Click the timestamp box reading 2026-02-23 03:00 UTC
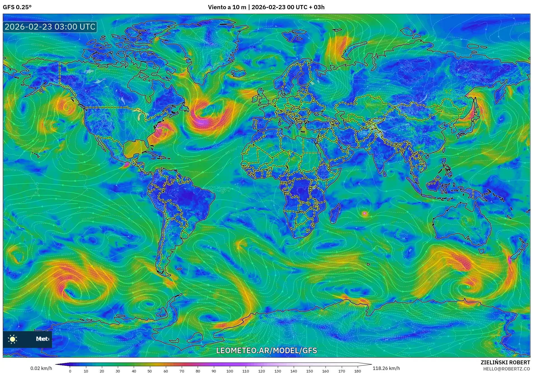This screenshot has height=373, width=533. (x=50, y=27)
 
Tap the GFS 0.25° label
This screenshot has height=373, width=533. (x=17, y=7)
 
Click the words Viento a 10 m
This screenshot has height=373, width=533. (x=227, y=7)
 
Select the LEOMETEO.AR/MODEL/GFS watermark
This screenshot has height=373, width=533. (x=266, y=350)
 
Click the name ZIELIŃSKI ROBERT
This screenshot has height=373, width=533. (x=505, y=362)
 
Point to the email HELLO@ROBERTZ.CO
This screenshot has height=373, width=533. (x=506, y=369)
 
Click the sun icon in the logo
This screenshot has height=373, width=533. (x=13, y=339)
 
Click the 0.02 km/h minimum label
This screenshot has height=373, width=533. (x=41, y=368)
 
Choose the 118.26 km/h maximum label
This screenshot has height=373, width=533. (x=386, y=368)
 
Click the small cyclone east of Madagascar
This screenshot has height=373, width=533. (x=364, y=214)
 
